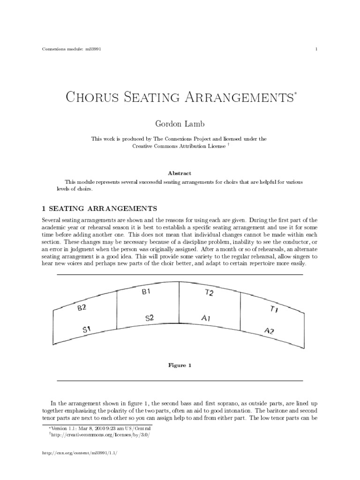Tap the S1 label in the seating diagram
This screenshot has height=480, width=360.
pyautogui.click(x=89, y=330)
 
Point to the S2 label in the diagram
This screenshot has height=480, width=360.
pyautogui.click(x=149, y=318)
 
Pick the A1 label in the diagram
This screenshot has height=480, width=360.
pyautogui.click(x=206, y=318)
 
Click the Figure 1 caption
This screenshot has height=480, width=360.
pyautogui.click(x=180, y=365)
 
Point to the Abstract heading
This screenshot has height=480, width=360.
pyautogui.click(x=180, y=172)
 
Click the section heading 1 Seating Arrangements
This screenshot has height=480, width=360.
pyautogui.click(x=99, y=208)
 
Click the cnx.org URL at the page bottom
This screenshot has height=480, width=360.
pyautogui.click(x=75, y=453)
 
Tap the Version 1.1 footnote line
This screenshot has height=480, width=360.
pyautogui.click(x=101, y=428)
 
